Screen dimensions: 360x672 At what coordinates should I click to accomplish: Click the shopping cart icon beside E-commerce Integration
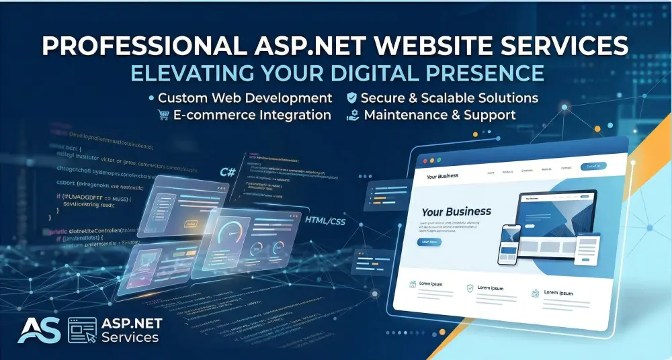tap(163, 115)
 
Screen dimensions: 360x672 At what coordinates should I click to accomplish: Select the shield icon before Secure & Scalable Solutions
tap(351, 98)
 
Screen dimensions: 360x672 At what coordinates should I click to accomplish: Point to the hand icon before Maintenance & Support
tap(352, 116)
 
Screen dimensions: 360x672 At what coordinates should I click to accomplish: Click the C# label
tap(228, 173)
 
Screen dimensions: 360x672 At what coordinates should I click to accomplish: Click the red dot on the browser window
tap(423, 161)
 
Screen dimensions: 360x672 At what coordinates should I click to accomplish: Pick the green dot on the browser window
tap(439, 161)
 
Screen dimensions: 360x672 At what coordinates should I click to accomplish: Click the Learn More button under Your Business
tap(429, 242)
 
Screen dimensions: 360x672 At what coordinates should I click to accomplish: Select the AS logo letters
tap(39, 330)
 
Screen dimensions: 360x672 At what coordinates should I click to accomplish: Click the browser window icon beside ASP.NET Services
tap(82, 330)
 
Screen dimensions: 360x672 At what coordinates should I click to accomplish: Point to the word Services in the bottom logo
tap(130, 338)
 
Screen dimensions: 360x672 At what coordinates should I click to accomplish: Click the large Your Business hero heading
tap(456, 212)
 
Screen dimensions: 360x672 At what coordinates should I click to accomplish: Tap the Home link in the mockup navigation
tap(491, 172)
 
